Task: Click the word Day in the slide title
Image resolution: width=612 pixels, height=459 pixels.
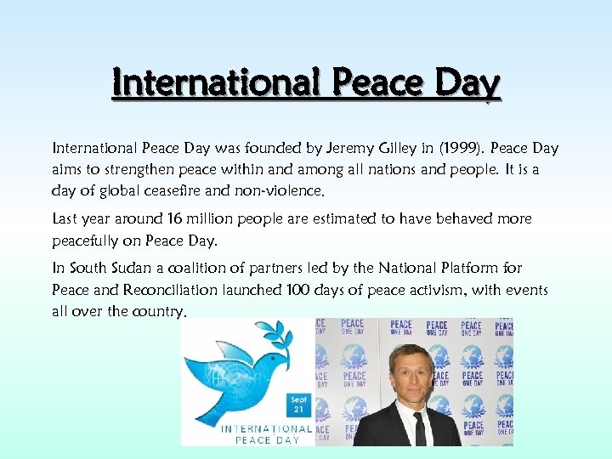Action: coord(467,85)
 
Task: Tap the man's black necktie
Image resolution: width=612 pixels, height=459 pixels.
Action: coord(419,429)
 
